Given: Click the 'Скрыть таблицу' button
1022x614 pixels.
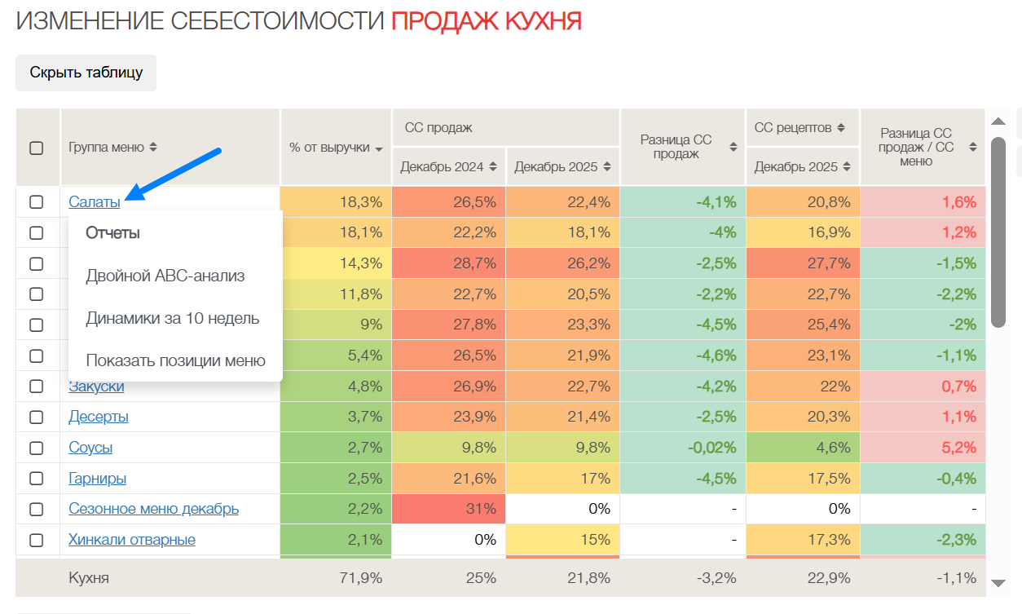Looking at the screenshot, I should coord(86,73).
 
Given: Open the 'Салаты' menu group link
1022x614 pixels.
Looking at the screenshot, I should coord(95,201).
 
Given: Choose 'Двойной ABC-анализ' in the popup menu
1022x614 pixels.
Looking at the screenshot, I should coord(165,276).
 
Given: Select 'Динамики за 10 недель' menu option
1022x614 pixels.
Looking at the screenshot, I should coord(173,318).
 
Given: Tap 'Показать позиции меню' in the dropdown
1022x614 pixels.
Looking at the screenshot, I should coord(175,360).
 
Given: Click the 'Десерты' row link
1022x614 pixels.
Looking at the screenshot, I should coord(99,417).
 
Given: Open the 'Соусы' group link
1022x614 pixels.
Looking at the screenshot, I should coord(90,448).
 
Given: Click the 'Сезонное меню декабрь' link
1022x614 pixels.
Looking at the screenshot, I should coord(154,509).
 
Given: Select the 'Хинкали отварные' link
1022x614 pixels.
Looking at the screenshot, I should coord(132,540).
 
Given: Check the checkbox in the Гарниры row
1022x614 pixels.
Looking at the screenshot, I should coord(37,479).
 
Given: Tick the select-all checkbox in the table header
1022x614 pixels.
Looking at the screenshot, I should coord(37,148).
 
